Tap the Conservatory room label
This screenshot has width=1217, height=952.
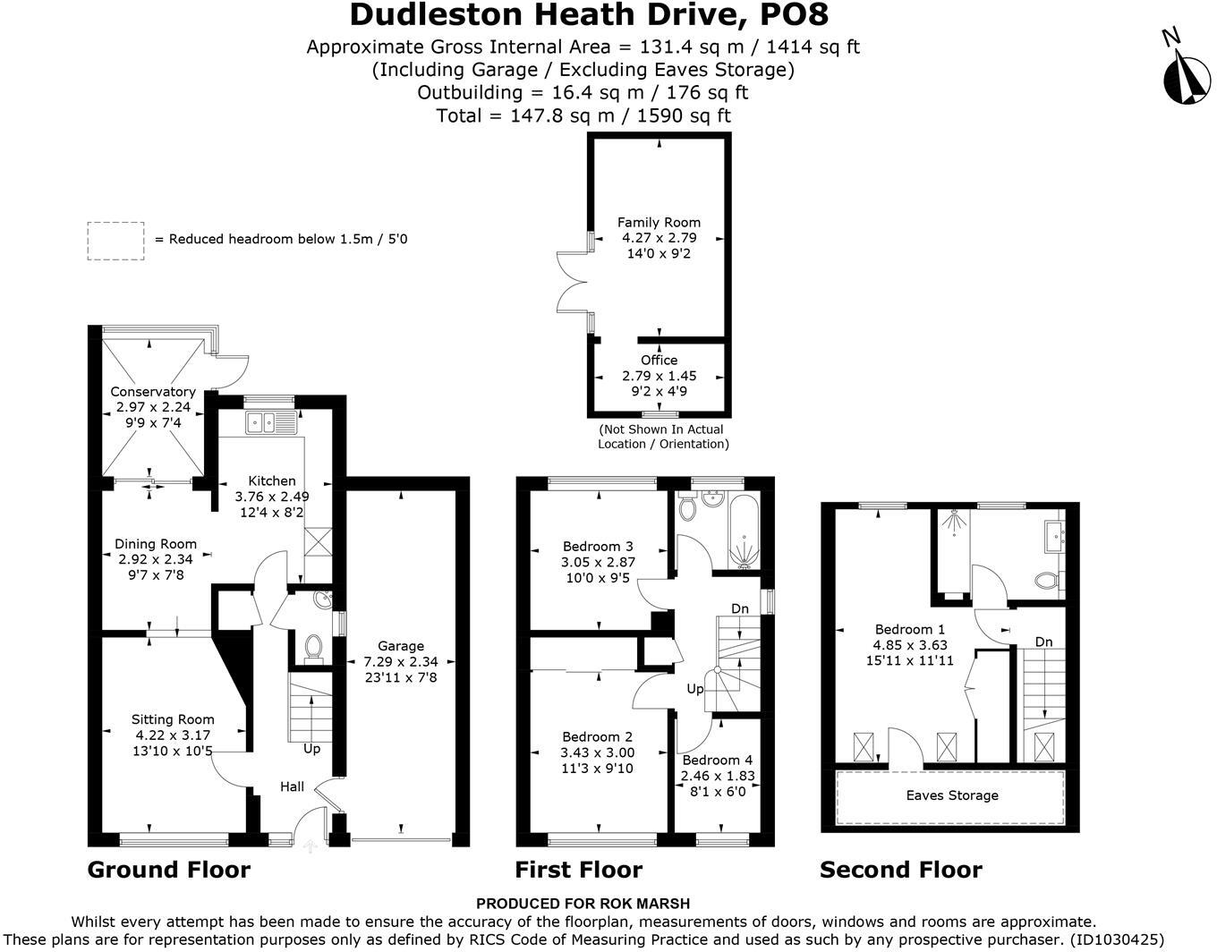153,391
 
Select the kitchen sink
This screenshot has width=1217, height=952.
270,421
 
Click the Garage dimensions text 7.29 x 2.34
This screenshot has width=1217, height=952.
401,661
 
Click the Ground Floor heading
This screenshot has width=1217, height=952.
168,870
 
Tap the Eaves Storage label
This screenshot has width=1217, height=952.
952,795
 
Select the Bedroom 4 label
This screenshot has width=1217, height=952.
718,760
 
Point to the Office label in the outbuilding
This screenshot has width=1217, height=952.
660,360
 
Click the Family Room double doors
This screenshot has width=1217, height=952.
573,282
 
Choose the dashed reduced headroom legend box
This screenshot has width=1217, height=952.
116,242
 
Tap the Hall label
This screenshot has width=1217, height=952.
292,786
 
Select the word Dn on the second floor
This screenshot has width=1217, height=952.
1043,642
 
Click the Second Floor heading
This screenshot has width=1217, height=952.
900,870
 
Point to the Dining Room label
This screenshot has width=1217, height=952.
156,544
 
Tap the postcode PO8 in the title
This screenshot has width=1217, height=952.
794,14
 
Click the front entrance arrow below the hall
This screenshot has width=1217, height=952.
310,846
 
